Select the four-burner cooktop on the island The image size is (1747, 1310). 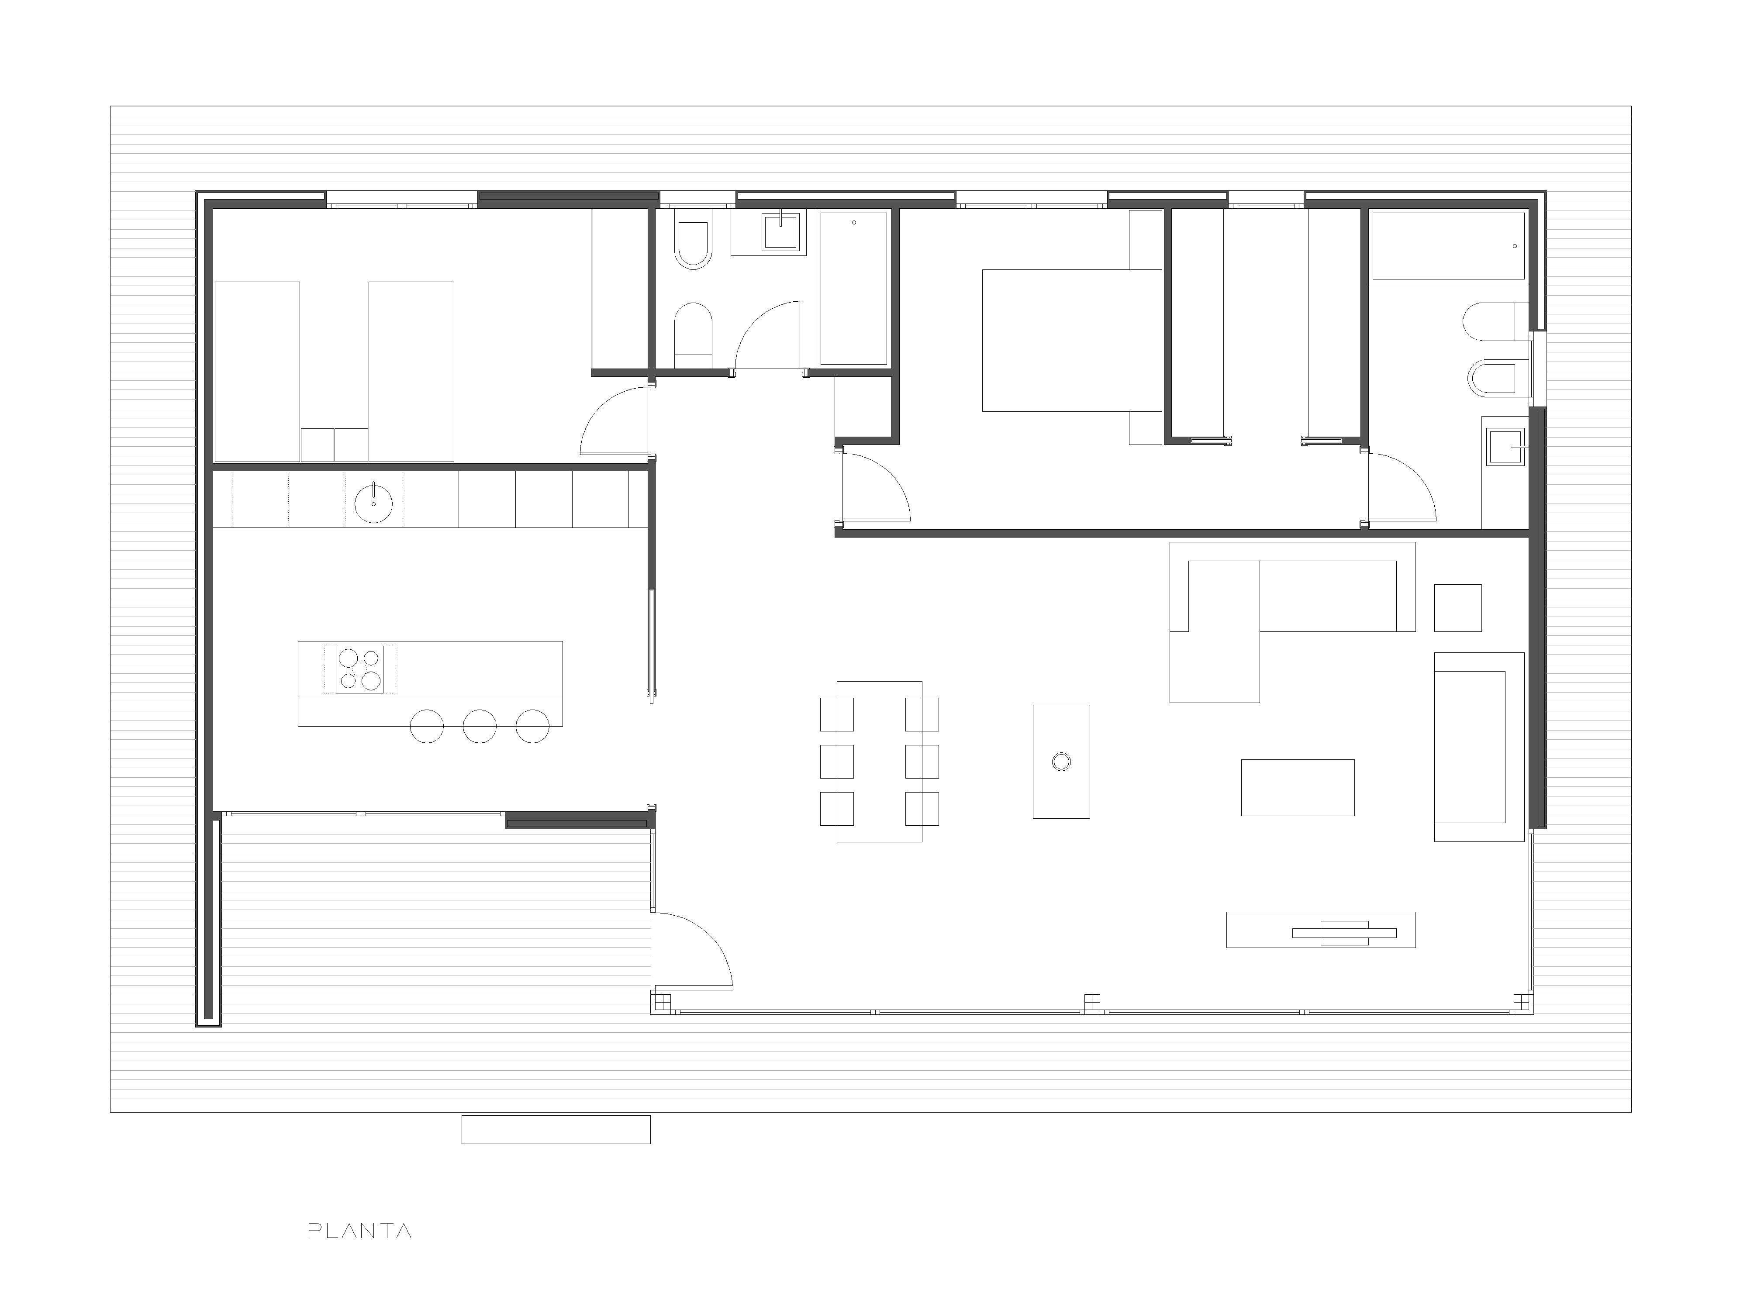pyautogui.click(x=359, y=669)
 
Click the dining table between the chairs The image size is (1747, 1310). pyautogui.click(x=879, y=761)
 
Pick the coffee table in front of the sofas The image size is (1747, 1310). pyautogui.click(x=1298, y=787)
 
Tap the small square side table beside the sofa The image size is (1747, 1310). pyautogui.click(x=1458, y=607)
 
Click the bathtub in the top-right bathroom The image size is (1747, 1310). pyautogui.click(x=1448, y=245)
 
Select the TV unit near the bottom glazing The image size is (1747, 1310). pyautogui.click(x=1321, y=929)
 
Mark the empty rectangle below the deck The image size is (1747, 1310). pyautogui.click(x=556, y=1129)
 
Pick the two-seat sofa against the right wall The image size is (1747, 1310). pyautogui.click(x=1478, y=746)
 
